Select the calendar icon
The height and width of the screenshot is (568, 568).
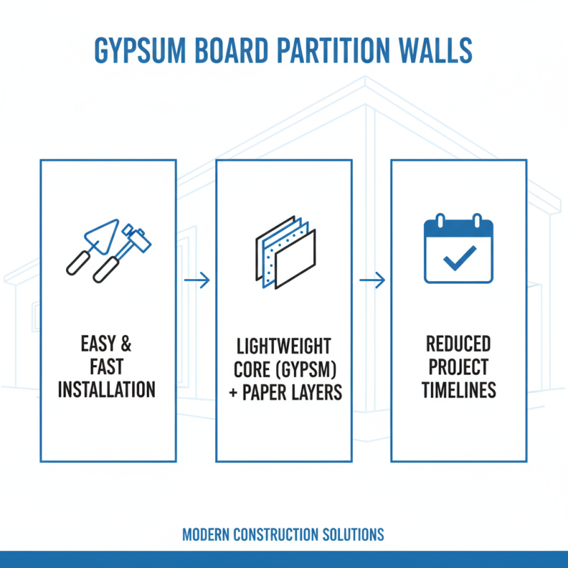click(x=458, y=251)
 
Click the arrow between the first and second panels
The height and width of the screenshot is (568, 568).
click(x=197, y=280)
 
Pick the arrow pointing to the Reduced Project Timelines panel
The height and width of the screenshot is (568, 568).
click(x=371, y=280)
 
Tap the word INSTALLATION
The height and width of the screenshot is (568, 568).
click(x=106, y=390)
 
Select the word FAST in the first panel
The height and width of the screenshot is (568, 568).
click(x=106, y=368)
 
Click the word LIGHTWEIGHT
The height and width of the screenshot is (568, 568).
click(x=283, y=347)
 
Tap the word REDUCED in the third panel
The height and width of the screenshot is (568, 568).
click(x=458, y=344)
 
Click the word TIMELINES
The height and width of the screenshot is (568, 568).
click(x=458, y=390)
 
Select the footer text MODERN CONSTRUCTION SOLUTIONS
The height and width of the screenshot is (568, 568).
click(x=283, y=534)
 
